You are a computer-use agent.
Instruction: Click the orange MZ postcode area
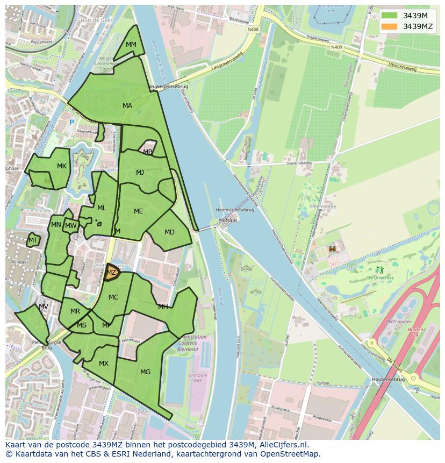click(112, 273)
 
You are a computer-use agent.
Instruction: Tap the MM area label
click(131, 45)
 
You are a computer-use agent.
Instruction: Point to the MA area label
click(127, 106)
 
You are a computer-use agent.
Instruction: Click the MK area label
click(62, 166)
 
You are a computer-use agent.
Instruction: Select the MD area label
click(169, 232)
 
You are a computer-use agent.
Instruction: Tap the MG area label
click(145, 372)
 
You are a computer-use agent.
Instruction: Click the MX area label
click(104, 364)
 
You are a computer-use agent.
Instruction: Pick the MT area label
click(33, 240)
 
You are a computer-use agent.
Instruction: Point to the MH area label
click(163, 307)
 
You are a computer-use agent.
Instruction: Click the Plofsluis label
click(228, 220)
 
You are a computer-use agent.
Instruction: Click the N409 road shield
click(336, 47)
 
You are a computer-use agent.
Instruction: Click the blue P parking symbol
click(71, 123)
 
